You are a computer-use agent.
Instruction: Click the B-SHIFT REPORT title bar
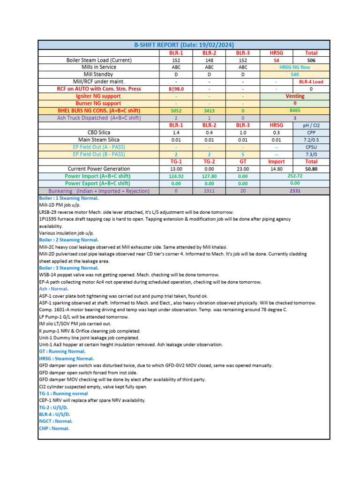click(x=184, y=45)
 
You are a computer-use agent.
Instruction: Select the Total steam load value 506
click(x=311, y=60)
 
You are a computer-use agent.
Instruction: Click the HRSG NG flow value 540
click(x=294, y=75)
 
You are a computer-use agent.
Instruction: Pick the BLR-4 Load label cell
click(x=311, y=82)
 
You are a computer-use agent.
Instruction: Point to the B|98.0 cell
click(x=176, y=89)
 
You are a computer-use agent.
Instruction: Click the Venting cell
click(x=294, y=96)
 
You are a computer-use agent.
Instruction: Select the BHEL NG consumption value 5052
click(x=176, y=111)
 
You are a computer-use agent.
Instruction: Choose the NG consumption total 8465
click(x=294, y=111)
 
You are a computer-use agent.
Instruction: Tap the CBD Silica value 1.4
click(x=176, y=133)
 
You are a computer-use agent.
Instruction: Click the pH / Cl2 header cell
click(x=311, y=126)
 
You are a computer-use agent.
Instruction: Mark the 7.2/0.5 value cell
click(x=311, y=140)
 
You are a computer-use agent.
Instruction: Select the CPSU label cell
click(x=311, y=147)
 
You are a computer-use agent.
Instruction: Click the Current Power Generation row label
click(x=99, y=169)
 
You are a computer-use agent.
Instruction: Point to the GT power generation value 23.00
click(x=243, y=169)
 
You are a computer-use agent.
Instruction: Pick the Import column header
click(x=276, y=161)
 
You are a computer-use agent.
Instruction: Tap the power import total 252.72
click(x=294, y=176)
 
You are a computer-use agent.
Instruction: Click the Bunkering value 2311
click(x=210, y=191)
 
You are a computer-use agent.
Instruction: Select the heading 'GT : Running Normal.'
click(x=62, y=351)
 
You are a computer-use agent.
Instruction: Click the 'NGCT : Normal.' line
click(x=55, y=421)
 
